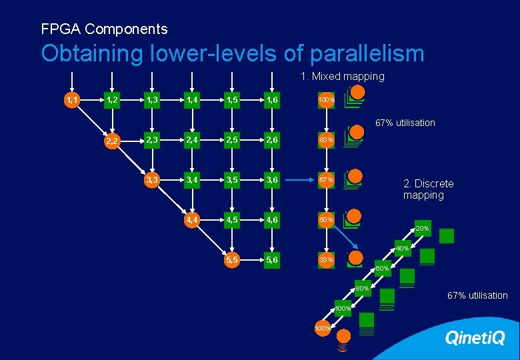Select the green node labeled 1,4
pos(193,100)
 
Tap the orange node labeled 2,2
pos(113,141)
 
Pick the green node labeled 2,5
pos(233,140)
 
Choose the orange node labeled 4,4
pos(193,219)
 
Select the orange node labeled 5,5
pos(233,259)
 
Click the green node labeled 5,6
pos(272,259)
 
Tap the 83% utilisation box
pos(326,140)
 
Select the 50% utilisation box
pos(326,219)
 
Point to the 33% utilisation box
pos(326,259)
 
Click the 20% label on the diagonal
pos(422,229)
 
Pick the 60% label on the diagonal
pos(382,269)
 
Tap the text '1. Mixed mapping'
pos(342,77)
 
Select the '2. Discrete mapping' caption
pos(428,189)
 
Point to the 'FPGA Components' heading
pos(104,29)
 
